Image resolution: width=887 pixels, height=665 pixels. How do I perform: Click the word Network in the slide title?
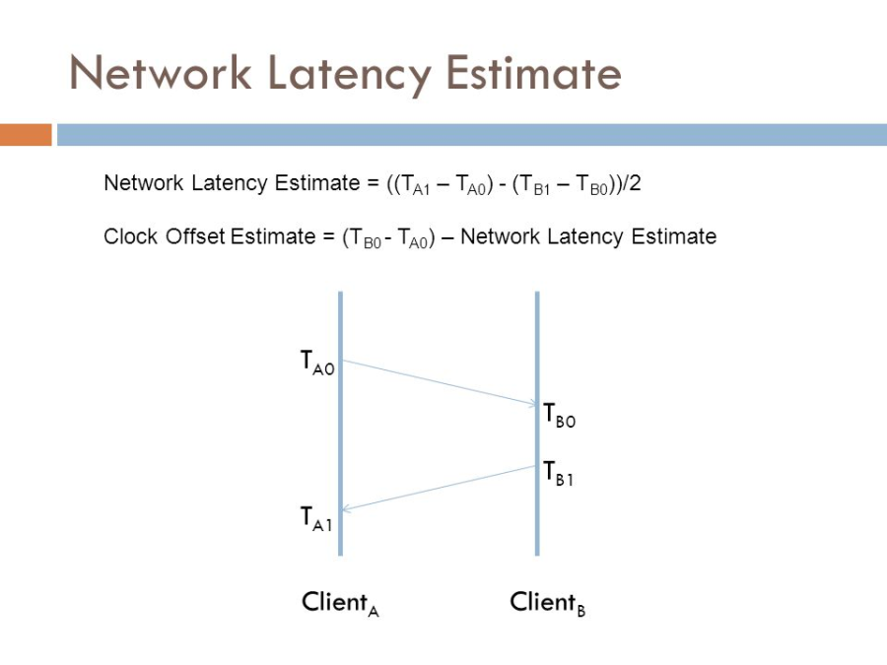(x=161, y=73)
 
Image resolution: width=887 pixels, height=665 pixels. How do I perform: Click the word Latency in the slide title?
(x=349, y=75)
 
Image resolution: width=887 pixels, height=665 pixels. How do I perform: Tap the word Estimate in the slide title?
(x=533, y=73)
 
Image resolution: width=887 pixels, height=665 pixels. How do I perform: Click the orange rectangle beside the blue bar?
(x=26, y=135)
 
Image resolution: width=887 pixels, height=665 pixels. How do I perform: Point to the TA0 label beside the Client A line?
(x=317, y=363)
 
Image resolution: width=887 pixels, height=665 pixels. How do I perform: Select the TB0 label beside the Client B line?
(x=559, y=416)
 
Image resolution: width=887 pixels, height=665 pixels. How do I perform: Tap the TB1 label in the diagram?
(x=559, y=473)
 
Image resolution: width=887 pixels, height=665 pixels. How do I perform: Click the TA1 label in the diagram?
(x=315, y=519)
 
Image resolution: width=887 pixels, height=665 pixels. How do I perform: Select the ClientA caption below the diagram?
(x=340, y=603)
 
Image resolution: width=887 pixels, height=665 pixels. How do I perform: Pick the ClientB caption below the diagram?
(x=547, y=603)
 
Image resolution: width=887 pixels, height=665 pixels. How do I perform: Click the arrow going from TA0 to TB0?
(x=440, y=383)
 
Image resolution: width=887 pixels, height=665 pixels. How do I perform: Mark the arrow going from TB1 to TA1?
(x=439, y=488)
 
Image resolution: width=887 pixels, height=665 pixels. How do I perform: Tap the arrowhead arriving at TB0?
(x=533, y=404)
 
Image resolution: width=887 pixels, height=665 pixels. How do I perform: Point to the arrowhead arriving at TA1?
(x=346, y=509)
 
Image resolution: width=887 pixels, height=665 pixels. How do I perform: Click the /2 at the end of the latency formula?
(x=632, y=183)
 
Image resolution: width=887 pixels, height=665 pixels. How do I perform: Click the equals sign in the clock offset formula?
(x=328, y=236)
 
